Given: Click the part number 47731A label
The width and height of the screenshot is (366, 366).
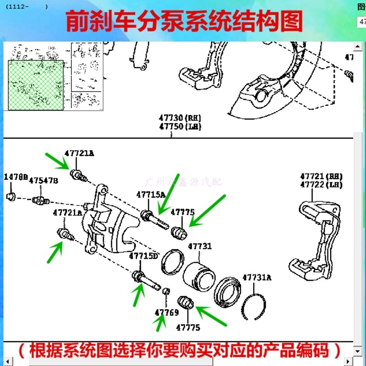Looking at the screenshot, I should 257,277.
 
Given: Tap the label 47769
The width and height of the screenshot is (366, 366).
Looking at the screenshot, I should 167,313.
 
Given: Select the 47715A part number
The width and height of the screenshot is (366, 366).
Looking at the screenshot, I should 151,194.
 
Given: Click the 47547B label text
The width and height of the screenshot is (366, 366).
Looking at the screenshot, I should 43,181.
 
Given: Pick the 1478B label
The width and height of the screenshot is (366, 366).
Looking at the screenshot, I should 16,177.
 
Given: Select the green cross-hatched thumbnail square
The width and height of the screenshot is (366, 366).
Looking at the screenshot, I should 36,85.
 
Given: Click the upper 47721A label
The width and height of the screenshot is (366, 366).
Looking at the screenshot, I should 79,154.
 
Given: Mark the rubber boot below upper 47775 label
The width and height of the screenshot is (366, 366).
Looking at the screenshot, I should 178,232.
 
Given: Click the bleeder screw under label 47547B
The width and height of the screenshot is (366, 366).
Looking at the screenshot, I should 41,200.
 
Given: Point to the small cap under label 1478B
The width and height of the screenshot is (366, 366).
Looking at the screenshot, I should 11,197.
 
